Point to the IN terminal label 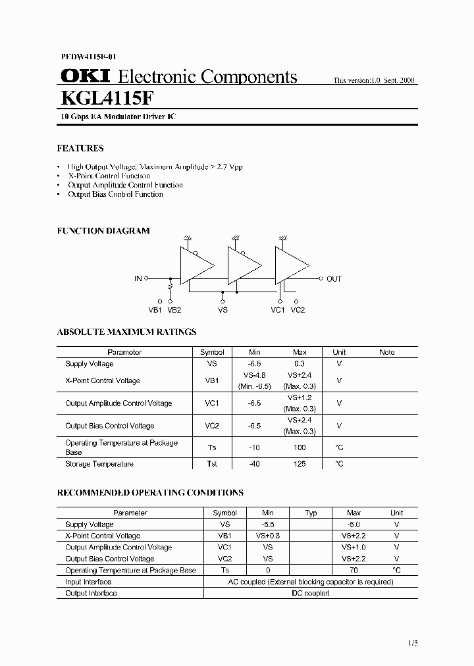[x=138, y=279]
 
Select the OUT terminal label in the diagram [x=334, y=279]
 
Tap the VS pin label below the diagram [x=223, y=309]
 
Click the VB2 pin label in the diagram [x=174, y=309]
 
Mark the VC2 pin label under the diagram [x=298, y=309]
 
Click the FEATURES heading [x=80, y=149]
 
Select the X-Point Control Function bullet [x=109, y=176]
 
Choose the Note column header [x=387, y=352]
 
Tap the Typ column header [x=311, y=513]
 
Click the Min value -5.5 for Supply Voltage [x=268, y=525]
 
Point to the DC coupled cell [x=311, y=593]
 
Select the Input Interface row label [x=88, y=582]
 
